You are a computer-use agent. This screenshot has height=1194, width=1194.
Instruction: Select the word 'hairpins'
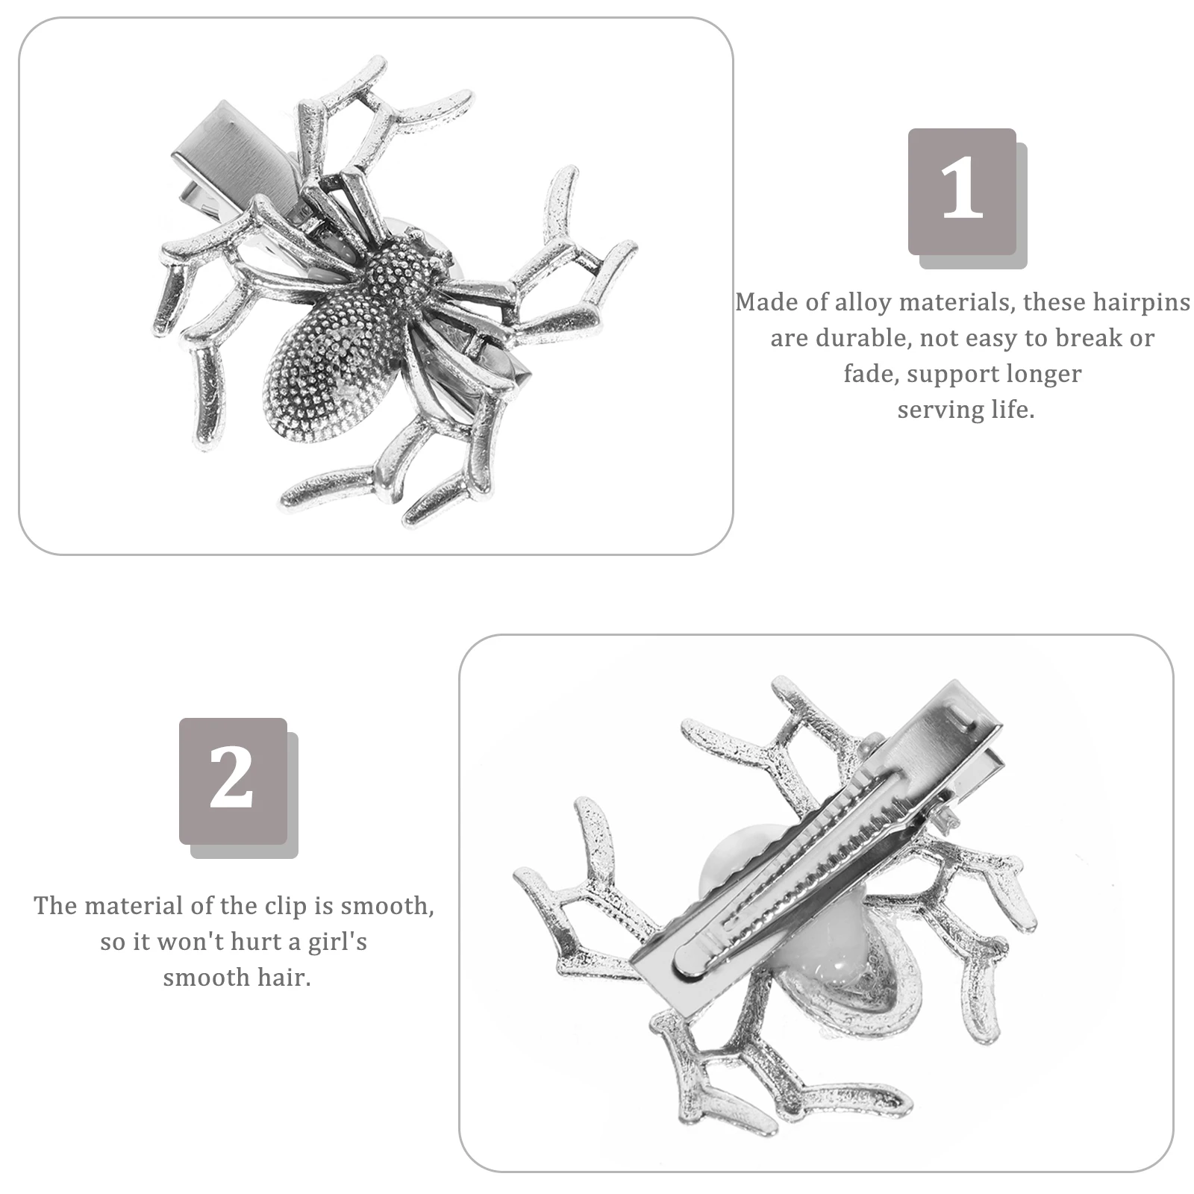1141,302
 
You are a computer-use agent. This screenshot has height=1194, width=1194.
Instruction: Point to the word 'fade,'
869,373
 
